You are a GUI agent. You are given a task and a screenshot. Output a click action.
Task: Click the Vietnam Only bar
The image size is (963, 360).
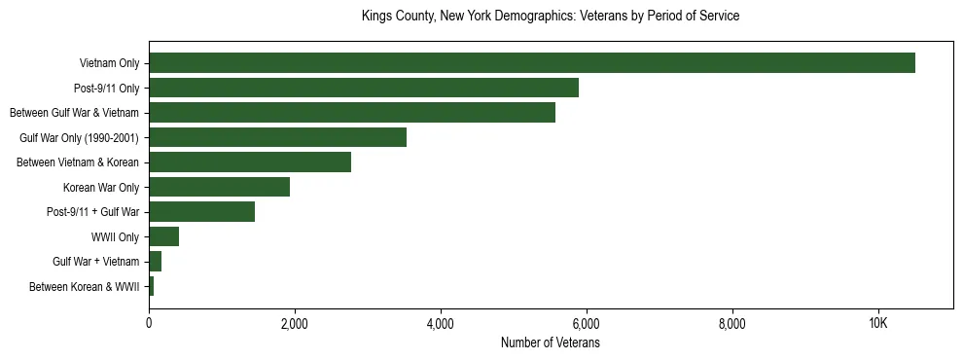(x=532, y=63)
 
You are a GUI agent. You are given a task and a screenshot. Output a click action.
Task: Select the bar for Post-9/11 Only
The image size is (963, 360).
(x=364, y=88)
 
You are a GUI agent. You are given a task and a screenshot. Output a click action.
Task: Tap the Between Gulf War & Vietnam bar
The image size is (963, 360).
(x=352, y=113)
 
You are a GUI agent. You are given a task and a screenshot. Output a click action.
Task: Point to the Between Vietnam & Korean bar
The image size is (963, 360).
(x=250, y=162)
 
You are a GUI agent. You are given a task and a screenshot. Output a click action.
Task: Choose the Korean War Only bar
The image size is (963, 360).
(x=219, y=187)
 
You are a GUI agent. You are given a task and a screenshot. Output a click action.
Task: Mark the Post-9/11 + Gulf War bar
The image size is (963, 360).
(x=201, y=212)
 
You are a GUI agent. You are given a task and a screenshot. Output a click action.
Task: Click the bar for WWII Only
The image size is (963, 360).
(x=163, y=236)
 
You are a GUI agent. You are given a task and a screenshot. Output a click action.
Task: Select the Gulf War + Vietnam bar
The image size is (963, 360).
(x=155, y=262)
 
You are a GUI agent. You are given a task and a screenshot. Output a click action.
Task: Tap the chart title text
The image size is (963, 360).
(x=551, y=17)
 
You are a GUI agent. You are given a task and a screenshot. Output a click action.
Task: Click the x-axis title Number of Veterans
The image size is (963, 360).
(x=551, y=342)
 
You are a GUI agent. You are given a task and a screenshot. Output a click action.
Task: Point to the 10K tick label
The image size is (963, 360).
(x=877, y=323)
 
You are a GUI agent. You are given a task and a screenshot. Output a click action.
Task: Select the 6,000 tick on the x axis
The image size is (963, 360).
(x=587, y=323)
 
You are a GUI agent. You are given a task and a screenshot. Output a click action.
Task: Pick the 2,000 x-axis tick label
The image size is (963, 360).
(x=295, y=323)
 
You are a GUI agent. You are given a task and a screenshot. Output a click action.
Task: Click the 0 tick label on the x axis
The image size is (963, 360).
(x=149, y=323)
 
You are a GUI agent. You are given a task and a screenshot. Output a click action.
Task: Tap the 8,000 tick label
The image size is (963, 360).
(x=731, y=323)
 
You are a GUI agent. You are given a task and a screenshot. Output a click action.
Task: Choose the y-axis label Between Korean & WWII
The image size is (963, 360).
(x=84, y=287)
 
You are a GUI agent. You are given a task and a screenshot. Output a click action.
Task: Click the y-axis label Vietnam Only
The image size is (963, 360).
(x=109, y=64)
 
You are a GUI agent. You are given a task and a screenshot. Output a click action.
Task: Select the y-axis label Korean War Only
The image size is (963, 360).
(x=100, y=188)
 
